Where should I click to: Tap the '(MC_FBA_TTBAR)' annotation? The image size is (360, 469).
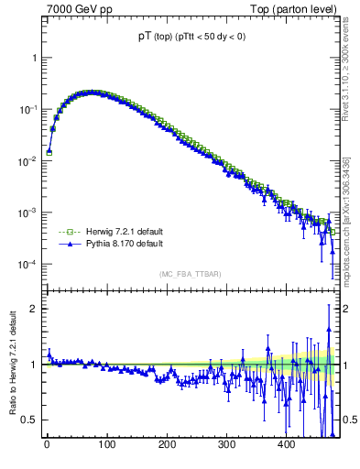tap(189, 274)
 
